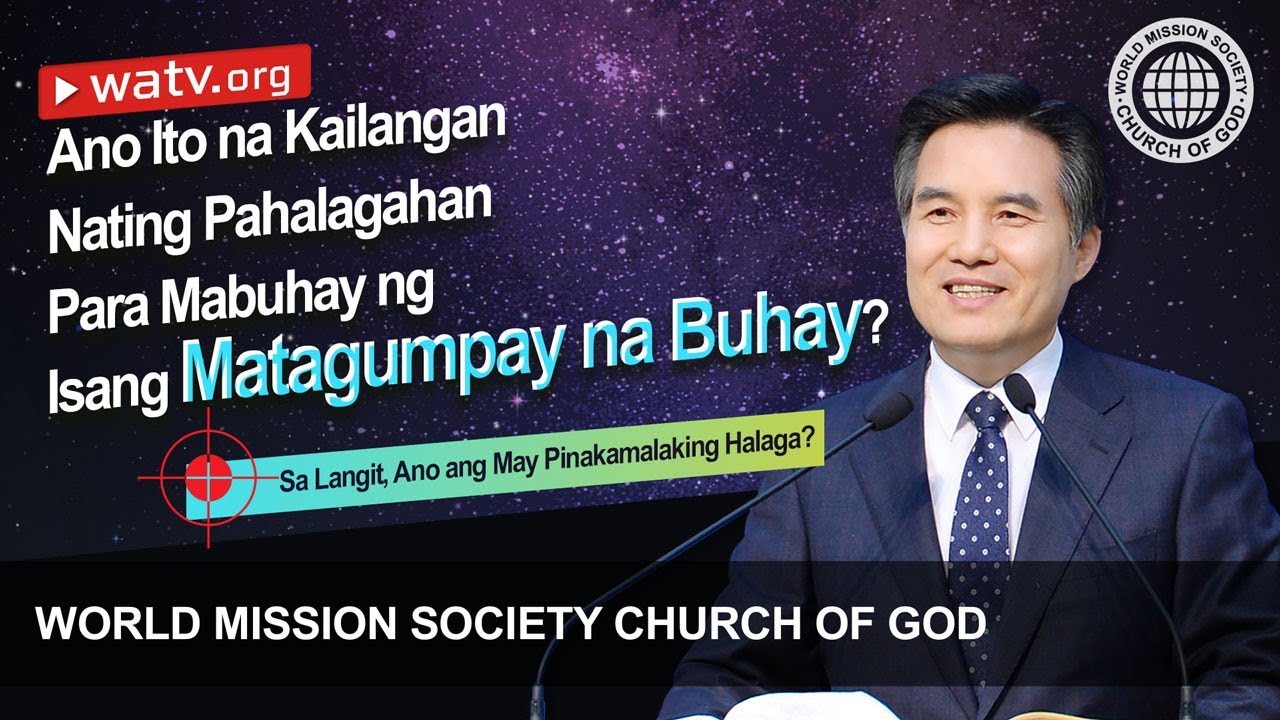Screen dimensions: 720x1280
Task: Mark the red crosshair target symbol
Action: pyautogui.click(x=208, y=478)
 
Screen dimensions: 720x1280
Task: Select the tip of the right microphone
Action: pyautogui.click(x=1019, y=391)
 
